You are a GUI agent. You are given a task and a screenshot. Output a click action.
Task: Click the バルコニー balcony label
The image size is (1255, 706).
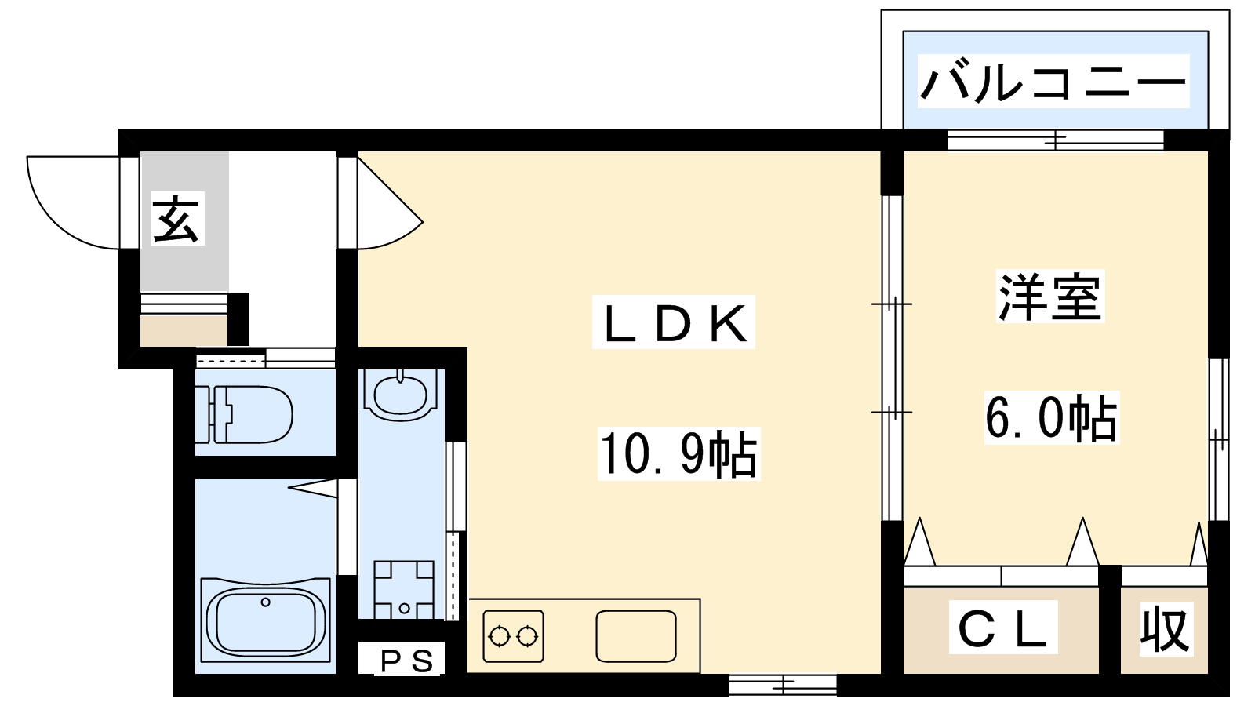coord(1053,82)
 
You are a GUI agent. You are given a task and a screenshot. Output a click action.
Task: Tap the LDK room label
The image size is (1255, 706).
coord(675,323)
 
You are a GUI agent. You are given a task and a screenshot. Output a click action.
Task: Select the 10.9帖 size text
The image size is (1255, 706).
coord(678,453)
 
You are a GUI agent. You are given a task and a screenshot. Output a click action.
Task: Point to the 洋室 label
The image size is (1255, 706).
coord(1049,297)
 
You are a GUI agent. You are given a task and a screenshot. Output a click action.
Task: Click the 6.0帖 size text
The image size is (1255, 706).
coord(1051,417)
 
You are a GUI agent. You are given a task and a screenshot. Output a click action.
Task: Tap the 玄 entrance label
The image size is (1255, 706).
coord(176,219)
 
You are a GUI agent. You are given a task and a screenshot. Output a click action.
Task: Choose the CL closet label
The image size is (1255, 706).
coord(1002,627)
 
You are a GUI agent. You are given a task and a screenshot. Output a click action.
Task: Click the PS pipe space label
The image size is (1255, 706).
coord(407,662)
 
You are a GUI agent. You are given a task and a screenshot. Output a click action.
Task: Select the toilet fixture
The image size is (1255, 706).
coord(244,414)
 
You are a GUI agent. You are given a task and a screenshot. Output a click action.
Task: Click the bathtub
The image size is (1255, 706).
coord(266,619)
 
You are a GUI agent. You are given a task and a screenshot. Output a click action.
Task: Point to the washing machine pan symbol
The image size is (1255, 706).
coord(404,589)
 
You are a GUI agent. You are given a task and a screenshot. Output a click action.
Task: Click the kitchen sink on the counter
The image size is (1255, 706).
coord(636,636)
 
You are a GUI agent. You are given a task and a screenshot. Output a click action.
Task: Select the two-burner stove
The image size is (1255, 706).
coord(513,636)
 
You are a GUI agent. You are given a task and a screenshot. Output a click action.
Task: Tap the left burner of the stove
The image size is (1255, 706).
coord(498,636)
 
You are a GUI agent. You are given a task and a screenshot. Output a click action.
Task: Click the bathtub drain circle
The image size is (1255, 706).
coord(266,602)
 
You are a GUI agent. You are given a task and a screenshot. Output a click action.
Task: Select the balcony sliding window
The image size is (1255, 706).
coord(1056,140)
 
